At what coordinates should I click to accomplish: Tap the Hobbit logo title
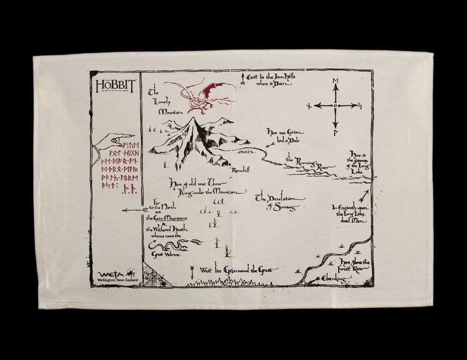tap(115, 85)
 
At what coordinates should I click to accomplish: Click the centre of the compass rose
tap(335, 106)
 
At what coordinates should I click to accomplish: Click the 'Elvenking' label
tap(333, 279)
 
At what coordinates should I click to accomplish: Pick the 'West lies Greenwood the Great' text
tap(238, 270)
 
